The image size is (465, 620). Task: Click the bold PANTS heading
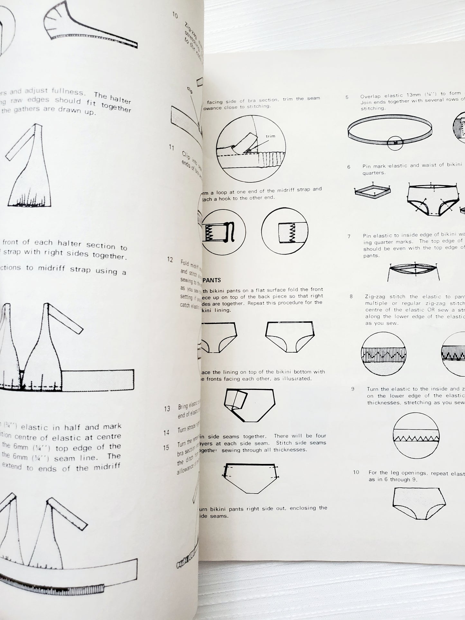pos(212,280)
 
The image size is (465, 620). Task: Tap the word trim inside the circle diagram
pos(270,136)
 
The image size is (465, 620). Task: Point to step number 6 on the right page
pos(349,167)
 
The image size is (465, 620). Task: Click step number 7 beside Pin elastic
pos(349,236)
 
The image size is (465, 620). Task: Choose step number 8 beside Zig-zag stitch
pos(351,297)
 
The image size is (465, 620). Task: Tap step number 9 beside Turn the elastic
pos(353,389)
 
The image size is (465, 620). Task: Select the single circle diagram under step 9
pos(416,436)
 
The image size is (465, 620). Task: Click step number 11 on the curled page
pos(172,148)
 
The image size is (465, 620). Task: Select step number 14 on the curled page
pos(166,433)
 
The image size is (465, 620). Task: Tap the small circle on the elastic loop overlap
pos(395,142)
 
